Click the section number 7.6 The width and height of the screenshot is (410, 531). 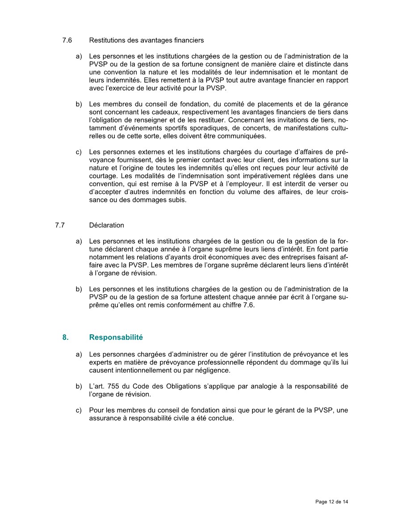67,40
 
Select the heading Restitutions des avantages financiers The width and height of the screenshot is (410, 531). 146,40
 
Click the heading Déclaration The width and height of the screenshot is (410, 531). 107,225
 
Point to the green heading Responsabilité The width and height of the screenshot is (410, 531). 116,337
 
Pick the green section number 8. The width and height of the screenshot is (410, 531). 65,337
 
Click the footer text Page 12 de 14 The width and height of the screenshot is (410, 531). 331,502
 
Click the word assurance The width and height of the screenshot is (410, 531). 104,419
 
